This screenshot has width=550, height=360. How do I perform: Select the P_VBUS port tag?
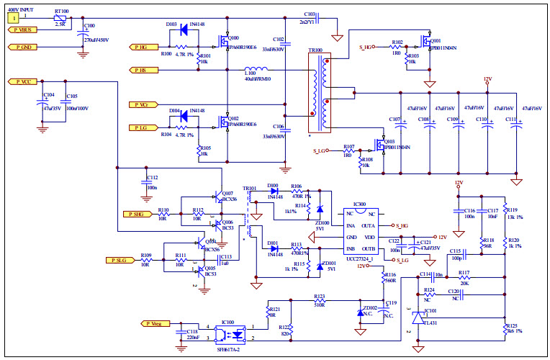click(23, 30)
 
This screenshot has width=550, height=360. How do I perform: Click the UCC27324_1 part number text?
click(360, 258)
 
